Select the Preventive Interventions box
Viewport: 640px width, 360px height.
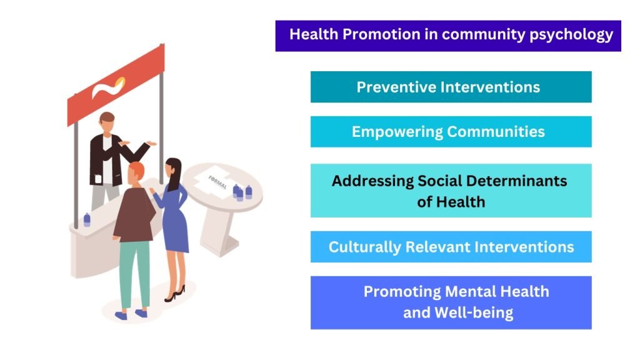(x=451, y=87)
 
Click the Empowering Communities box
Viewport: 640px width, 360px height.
(x=451, y=131)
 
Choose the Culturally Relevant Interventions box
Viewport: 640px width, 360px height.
(x=451, y=246)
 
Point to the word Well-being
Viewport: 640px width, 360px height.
(x=474, y=313)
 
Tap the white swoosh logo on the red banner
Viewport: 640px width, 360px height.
(x=107, y=87)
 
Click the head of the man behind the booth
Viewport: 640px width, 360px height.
(x=107, y=122)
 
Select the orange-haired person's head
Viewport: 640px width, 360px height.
(x=135, y=173)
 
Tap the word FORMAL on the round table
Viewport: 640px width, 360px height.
(x=217, y=182)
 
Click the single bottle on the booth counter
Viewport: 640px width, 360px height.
(x=87, y=219)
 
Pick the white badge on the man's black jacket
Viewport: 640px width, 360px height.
(x=98, y=178)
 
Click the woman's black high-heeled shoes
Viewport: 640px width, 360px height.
(x=175, y=294)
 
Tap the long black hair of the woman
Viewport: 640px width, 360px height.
(x=174, y=174)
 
